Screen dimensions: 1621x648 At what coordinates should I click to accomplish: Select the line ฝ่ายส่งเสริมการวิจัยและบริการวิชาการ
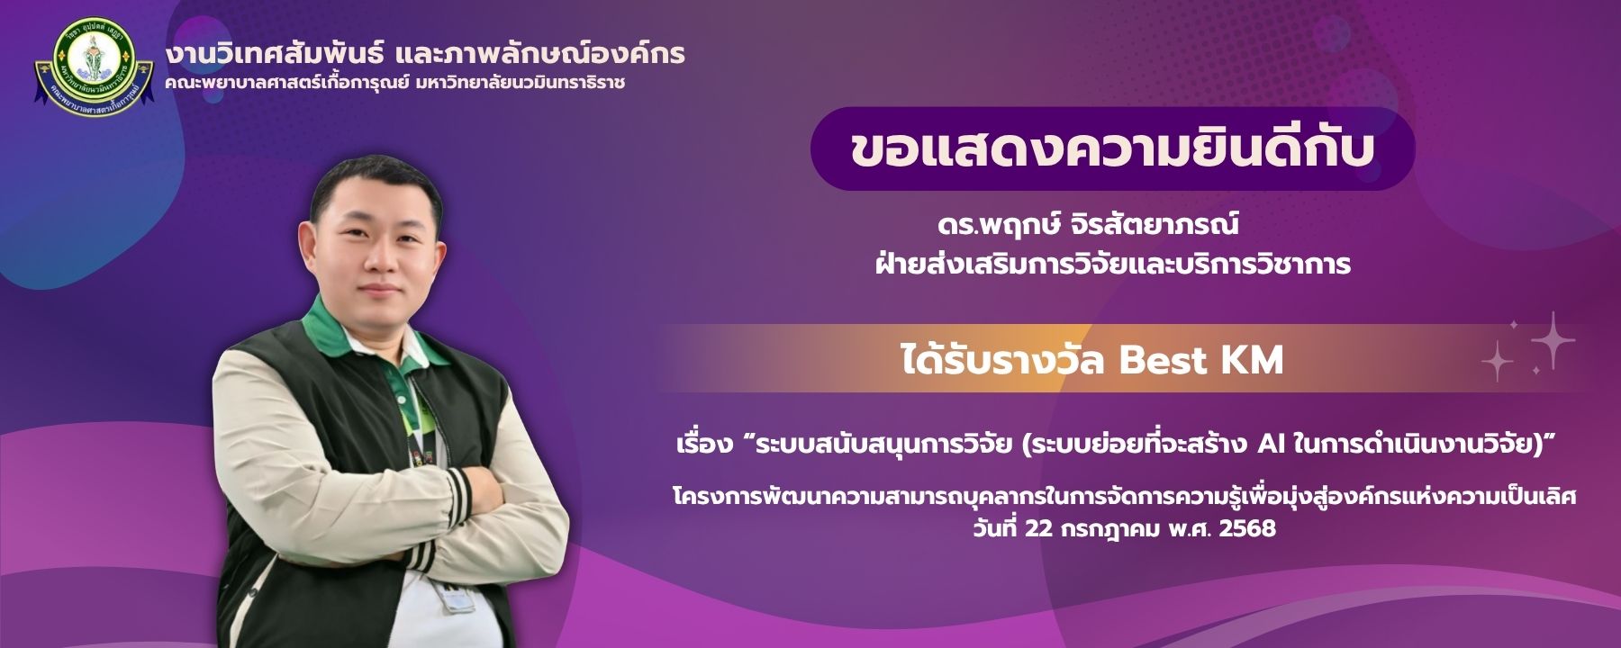tap(1113, 264)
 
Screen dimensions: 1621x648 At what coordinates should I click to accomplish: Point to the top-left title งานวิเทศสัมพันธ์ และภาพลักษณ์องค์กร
tap(424, 53)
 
